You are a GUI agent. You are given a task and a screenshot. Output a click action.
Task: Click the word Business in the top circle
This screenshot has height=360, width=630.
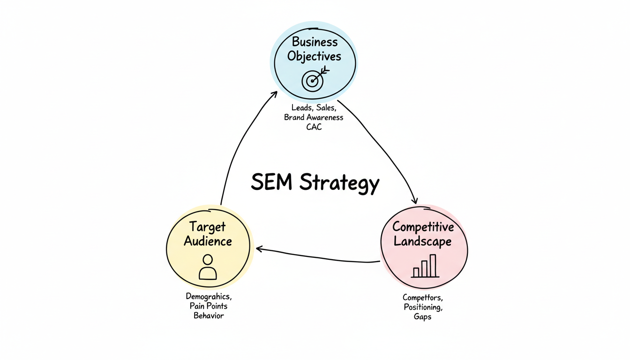[x=315, y=42]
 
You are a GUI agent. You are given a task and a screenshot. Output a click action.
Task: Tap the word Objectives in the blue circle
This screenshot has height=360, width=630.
[x=314, y=56]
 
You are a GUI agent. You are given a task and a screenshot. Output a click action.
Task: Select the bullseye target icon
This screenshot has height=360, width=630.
[x=313, y=81]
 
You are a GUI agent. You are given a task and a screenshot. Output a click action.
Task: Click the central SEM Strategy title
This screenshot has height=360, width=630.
[x=315, y=182]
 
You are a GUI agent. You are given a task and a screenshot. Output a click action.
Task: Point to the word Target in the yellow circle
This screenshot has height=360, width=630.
[x=207, y=227]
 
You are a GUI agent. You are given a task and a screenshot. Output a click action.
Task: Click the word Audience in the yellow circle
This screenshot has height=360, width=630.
[x=208, y=241]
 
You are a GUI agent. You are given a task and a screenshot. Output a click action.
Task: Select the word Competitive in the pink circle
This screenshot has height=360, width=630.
[x=423, y=227]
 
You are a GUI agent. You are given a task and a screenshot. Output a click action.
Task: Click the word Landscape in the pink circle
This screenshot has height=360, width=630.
[x=422, y=241]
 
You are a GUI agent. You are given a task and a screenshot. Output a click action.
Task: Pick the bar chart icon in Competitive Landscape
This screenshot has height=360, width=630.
[x=425, y=266]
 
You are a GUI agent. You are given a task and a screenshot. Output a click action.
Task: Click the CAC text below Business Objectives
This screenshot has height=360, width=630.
[x=314, y=127]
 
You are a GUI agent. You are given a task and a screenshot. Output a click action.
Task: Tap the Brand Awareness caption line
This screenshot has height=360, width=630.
[x=314, y=117]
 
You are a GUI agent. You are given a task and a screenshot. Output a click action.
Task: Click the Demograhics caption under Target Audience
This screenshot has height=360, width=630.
[x=209, y=297]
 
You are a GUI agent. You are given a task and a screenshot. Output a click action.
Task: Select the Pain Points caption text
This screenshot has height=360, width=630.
[x=209, y=306]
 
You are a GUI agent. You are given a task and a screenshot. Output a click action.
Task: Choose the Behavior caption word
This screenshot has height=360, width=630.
[x=209, y=315]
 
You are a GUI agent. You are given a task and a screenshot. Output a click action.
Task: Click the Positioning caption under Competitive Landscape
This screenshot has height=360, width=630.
[x=422, y=307]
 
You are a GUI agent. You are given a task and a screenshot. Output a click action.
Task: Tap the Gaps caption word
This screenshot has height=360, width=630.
[x=422, y=316]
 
